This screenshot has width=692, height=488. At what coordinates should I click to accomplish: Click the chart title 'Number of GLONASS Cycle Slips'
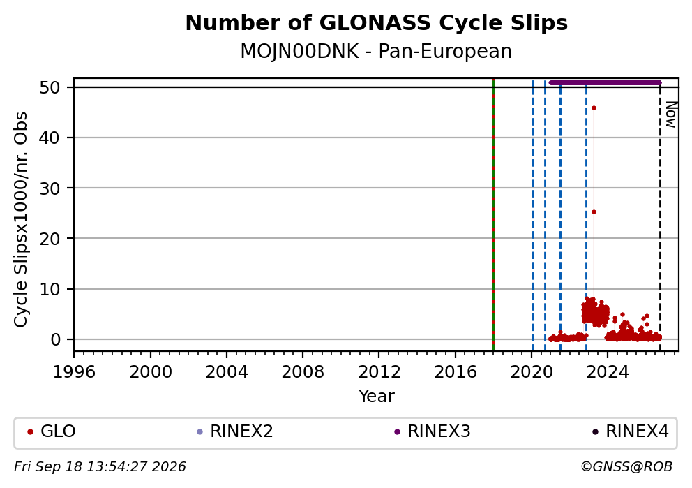point(377,23)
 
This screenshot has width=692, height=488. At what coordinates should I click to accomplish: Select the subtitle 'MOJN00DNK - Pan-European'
point(376,51)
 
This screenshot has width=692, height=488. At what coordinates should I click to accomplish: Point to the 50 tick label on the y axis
point(50,87)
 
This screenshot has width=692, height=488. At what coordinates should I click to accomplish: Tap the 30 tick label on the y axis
point(50,188)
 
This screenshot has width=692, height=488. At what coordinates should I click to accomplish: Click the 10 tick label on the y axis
point(50,289)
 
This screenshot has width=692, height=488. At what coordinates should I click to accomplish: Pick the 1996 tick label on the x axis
point(74,372)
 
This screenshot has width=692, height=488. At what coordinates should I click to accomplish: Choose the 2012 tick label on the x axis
point(379,372)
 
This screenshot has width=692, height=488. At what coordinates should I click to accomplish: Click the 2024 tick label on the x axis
point(608,372)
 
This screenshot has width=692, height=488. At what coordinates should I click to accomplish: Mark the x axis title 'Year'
point(377,396)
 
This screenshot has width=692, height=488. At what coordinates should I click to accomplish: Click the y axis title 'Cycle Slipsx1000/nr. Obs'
point(21,219)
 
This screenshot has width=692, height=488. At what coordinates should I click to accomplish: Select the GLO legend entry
point(52,431)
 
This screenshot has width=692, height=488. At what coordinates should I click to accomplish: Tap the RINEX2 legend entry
point(235,431)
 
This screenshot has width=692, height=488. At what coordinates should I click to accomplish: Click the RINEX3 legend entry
point(433,431)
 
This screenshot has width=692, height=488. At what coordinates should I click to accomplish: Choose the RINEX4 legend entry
point(631,431)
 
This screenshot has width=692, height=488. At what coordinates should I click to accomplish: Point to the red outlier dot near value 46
point(594,108)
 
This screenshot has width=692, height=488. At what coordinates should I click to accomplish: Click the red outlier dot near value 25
point(594,212)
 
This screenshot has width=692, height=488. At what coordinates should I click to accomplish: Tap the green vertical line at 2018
point(493,214)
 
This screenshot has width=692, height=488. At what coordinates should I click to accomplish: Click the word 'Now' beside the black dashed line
point(670,114)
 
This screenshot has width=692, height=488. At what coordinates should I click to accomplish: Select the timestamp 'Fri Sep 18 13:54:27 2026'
point(100,467)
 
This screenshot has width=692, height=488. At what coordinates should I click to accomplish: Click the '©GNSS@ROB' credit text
point(626,467)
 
